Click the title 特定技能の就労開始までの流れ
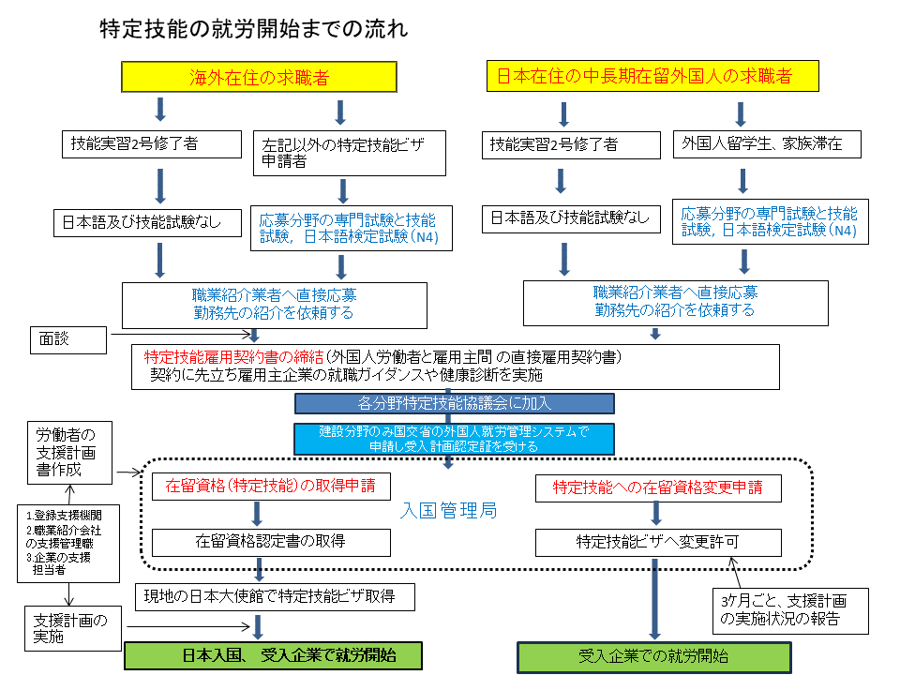(253, 29)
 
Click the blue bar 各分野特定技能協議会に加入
(455, 404)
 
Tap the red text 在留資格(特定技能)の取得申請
(271, 487)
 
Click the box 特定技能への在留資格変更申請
(657, 487)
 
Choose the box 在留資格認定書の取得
(270, 541)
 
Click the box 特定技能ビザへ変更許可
(657, 542)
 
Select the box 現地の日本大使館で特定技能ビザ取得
(269, 594)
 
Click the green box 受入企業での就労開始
(654, 656)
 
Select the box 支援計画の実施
(71, 628)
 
